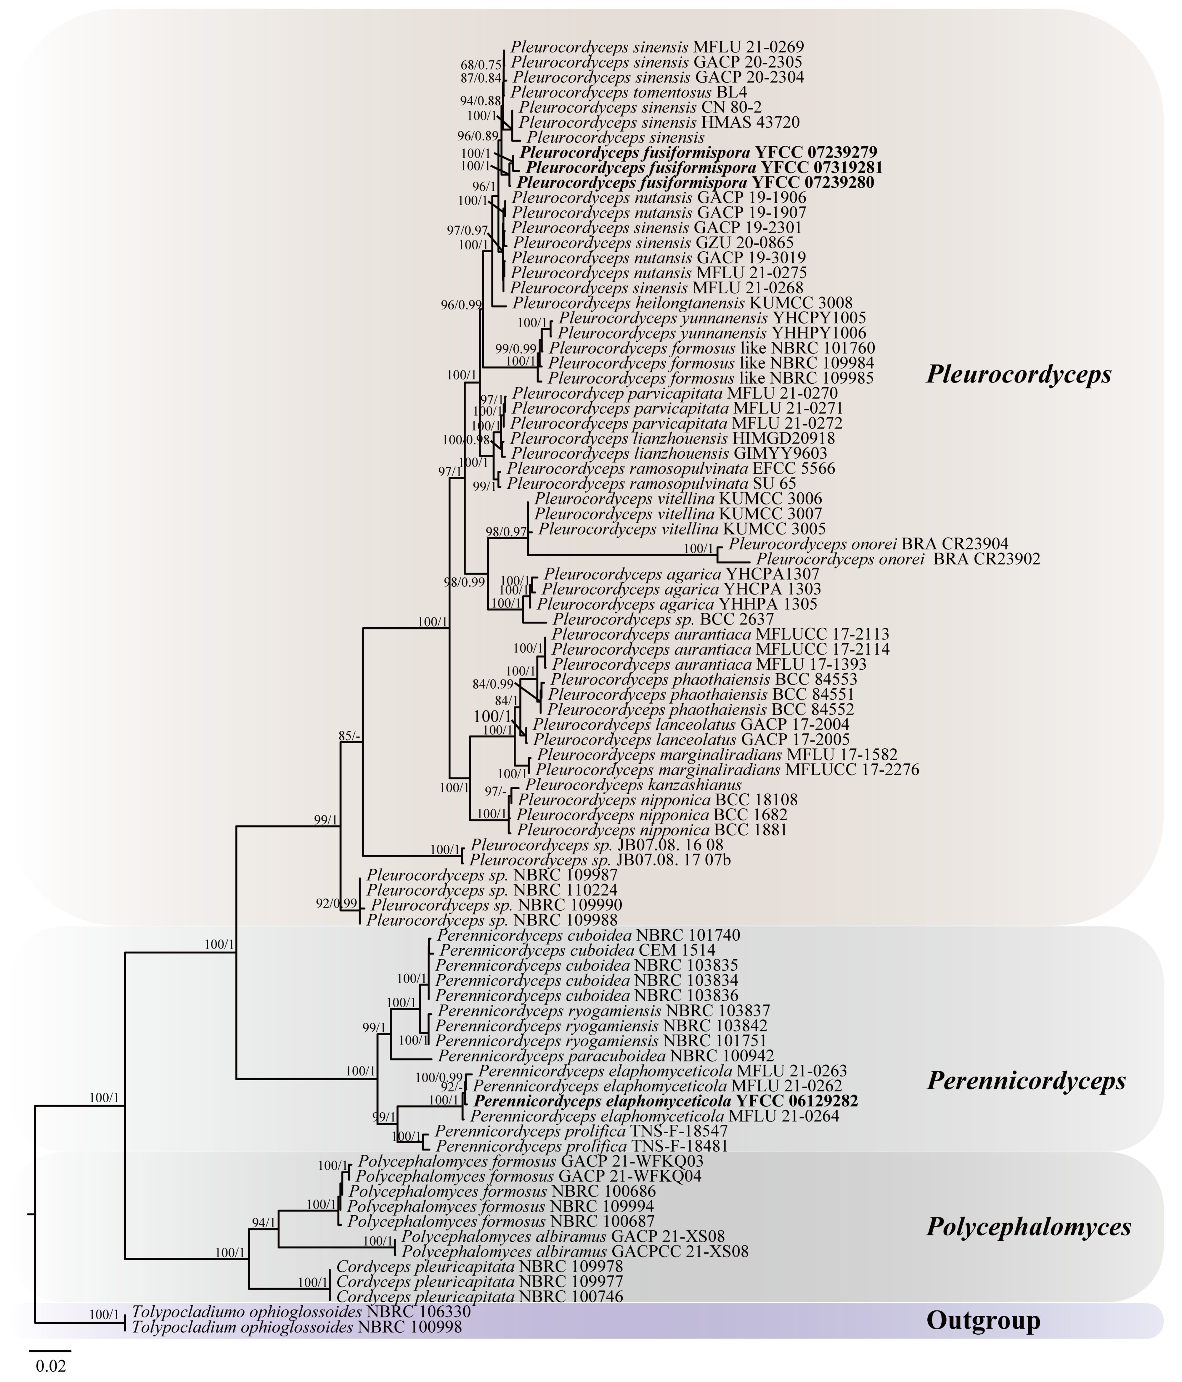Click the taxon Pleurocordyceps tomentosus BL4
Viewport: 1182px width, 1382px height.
click(628, 92)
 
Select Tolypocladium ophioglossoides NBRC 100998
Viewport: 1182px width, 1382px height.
click(297, 1327)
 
